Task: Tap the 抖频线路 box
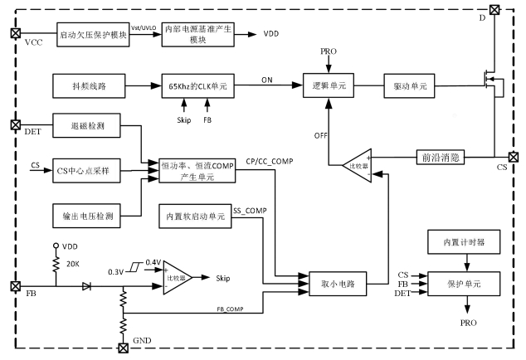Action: (86, 85)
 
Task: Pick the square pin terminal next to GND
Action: (124, 347)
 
